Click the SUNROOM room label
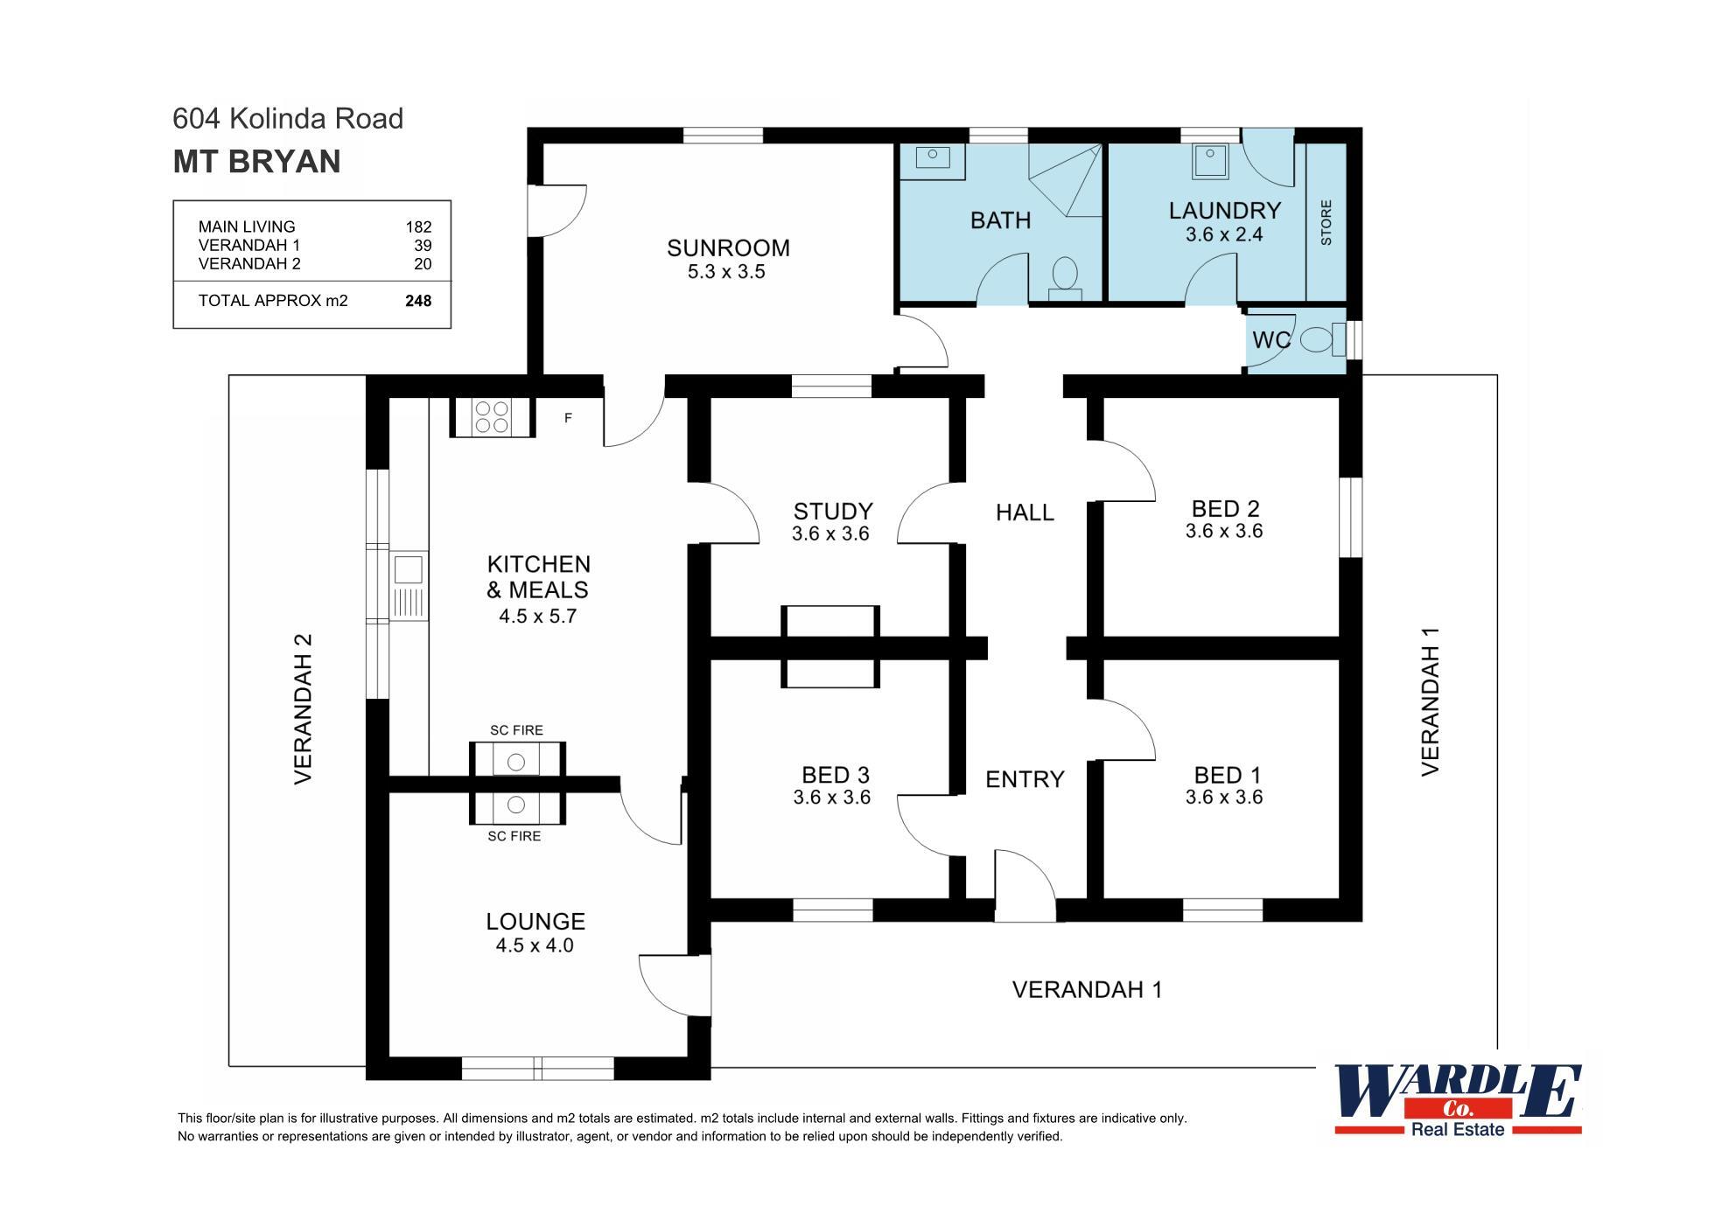728,248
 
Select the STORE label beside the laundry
1326,222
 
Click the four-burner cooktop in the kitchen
491,417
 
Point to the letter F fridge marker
568,418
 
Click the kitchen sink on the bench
408,569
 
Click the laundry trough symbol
1210,161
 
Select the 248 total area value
418,301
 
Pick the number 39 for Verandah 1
423,246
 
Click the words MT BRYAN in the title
256,162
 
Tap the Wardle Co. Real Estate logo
1458,1099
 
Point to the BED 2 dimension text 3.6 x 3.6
1224,531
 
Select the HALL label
1025,512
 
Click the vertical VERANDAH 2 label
303,708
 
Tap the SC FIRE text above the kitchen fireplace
516,730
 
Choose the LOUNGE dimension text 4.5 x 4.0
535,945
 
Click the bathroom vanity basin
933,157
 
